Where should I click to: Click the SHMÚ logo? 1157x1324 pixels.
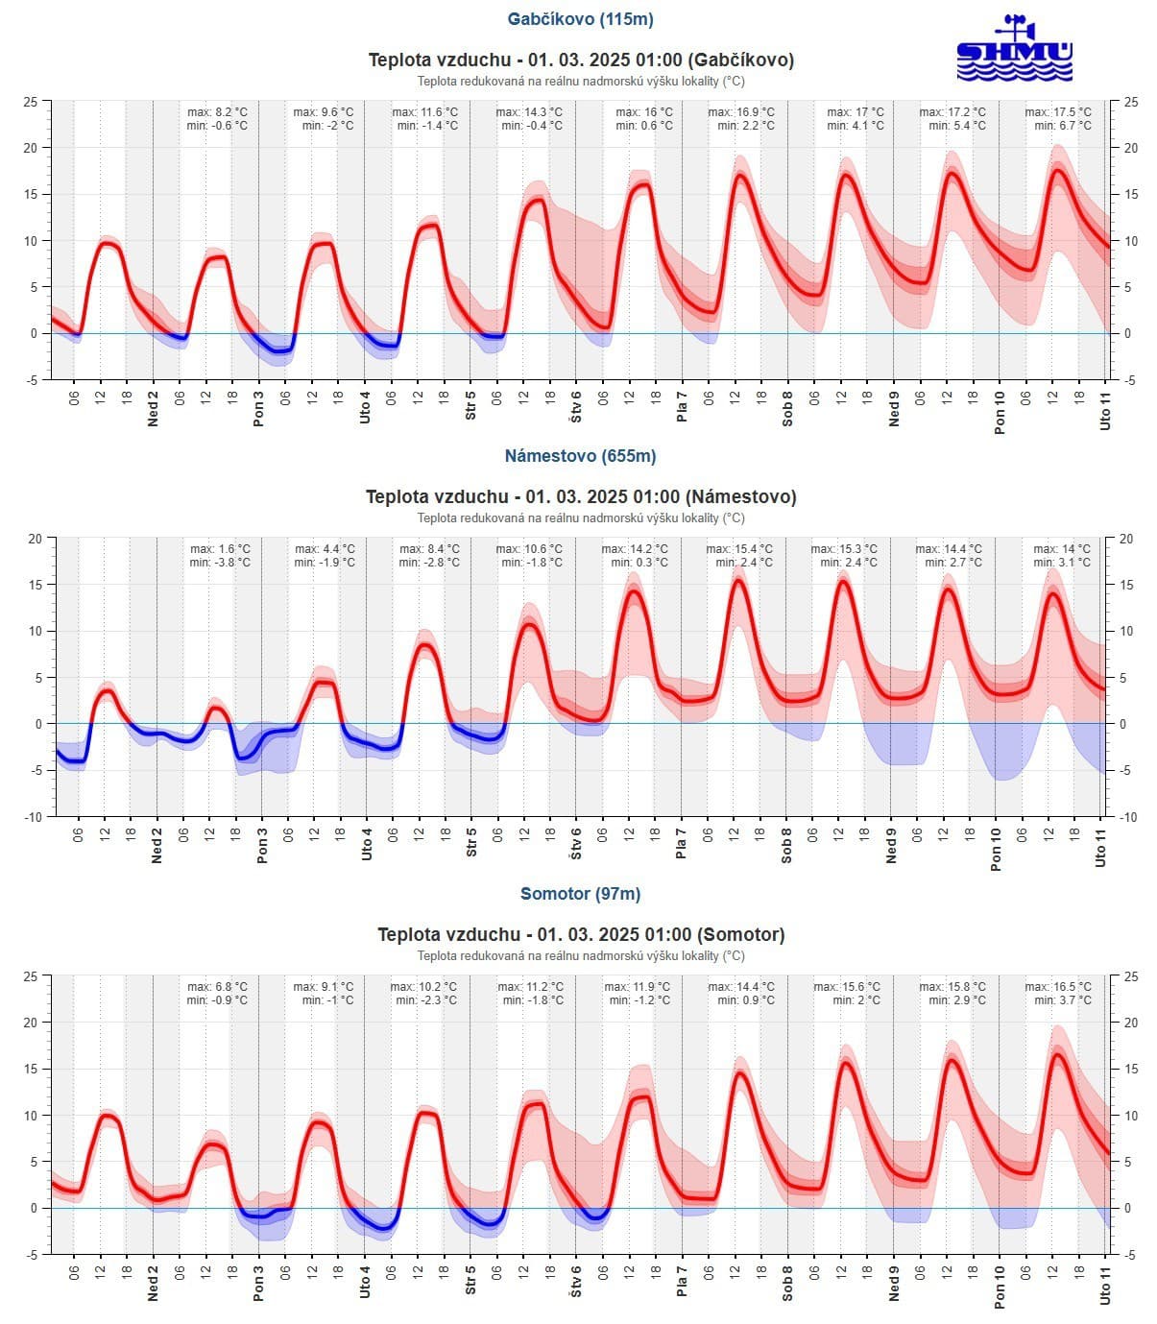coord(1014,49)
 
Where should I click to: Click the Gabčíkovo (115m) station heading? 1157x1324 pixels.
coord(580,19)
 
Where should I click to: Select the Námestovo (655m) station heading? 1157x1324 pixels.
coord(580,456)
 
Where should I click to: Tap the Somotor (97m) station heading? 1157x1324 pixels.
coord(580,894)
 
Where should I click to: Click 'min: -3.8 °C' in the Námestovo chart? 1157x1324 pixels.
coord(220,563)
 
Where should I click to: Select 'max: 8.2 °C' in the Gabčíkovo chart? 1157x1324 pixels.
coord(217,112)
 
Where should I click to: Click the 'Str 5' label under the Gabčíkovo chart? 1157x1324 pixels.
coord(470,406)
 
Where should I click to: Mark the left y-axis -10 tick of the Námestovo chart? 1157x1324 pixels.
coord(33,817)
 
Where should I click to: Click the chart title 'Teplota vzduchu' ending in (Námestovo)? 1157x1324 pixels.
coord(580,497)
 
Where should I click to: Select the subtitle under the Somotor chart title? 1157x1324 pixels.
coord(580,956)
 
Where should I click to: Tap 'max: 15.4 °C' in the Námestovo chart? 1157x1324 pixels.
coord(739,549)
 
